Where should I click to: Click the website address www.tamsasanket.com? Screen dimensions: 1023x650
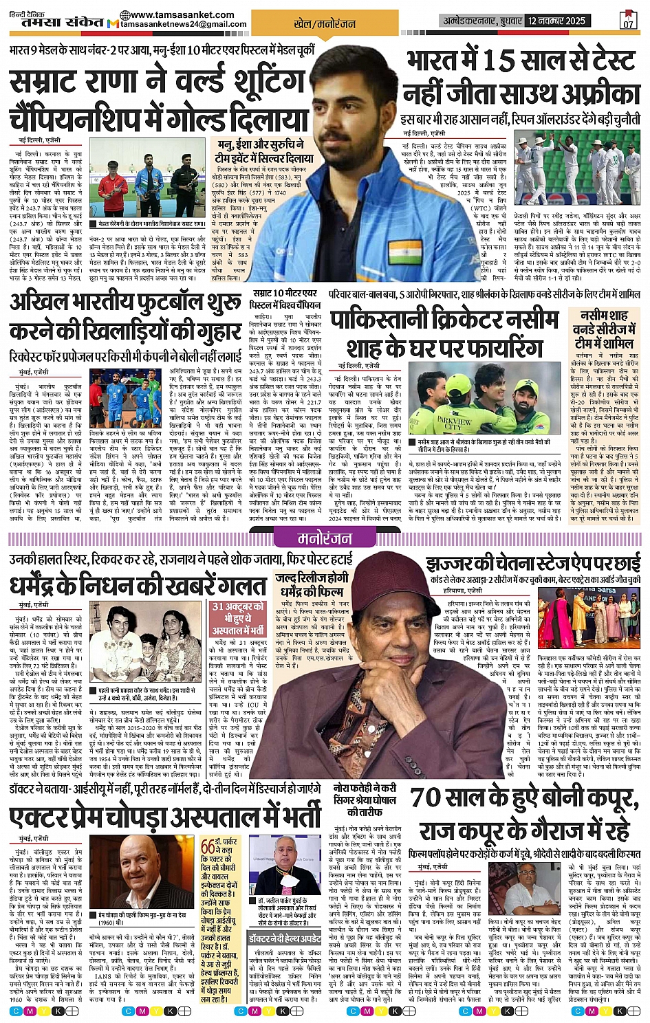click(x=182, y=14)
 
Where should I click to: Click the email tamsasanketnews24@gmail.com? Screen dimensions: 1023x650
click(x=184, y=25)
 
